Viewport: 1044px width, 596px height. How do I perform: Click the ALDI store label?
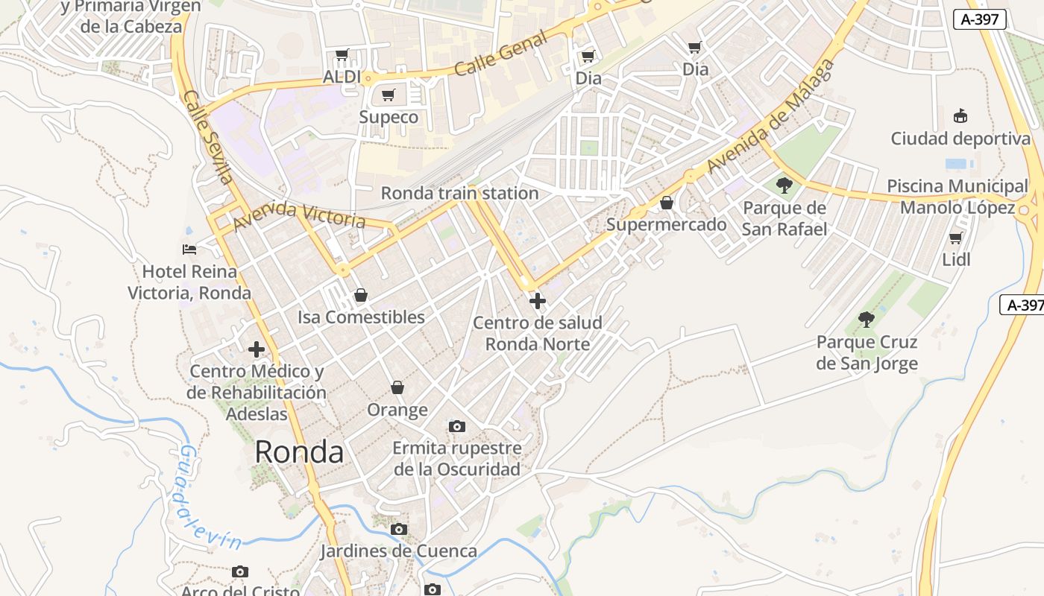tap(342, 77)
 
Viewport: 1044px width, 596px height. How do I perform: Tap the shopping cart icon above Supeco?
tap(388, 95)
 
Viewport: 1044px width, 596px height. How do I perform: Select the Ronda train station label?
tap(459, 193)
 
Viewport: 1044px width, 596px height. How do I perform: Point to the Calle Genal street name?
tap(500, 57)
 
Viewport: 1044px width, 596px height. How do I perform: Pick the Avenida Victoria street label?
tap(299, 215)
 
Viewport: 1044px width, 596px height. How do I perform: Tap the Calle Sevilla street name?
tap(208, 138)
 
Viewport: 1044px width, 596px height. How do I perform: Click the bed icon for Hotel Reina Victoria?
tap(189, 249)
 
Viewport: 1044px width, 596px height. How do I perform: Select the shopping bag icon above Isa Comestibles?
tap(361, 295)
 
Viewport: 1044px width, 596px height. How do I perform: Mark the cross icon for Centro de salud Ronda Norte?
tap(537, 301)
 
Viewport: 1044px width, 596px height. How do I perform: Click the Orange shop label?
tap(397, 409)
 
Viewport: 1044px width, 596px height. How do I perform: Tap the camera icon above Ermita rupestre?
tap(457, 426)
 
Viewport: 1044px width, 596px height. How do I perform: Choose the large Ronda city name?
tap(299, 451)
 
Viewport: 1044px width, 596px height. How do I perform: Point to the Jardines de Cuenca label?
tap(398, 551)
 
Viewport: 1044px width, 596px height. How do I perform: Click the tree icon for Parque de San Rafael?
tap(784, 185)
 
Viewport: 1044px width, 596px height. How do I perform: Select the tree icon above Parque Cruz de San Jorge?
tap(866, 320)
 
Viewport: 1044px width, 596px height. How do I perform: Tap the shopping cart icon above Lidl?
tap(955, 238)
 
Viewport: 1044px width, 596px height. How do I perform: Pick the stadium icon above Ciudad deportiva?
tap(960, 116)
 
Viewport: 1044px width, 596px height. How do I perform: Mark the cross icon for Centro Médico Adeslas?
tap(257, 349)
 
